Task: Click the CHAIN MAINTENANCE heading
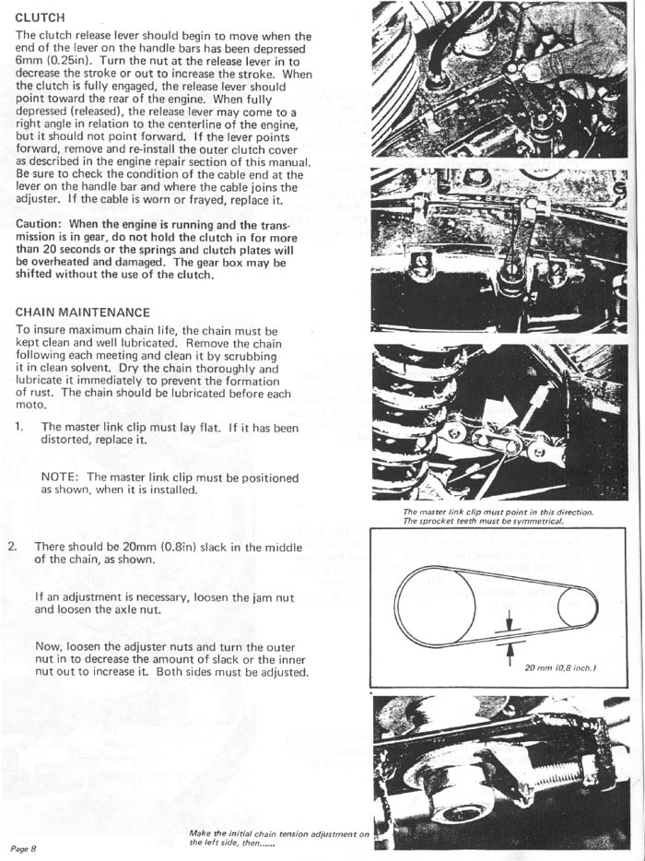pyautogui.click(x=82, y=313)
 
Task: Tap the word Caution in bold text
pyautogui.click(x=41, y=224)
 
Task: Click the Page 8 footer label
pyautogui.click(x=24, y=847)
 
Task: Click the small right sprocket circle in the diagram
pyautogui.click(x=577, y=607)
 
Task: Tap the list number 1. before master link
pyautogui.click(x=19, y=428)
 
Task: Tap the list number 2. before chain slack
pyautogui.click(x=13, y=547)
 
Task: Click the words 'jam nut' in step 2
pyautogui.click(x=276, y=597)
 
